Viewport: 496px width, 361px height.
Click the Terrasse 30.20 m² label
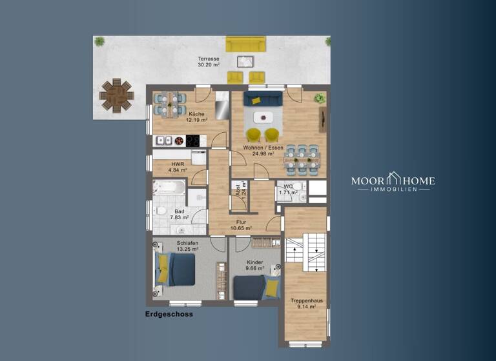click(208, 62)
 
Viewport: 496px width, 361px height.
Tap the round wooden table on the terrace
click(116, 95)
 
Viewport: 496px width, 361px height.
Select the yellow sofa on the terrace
click(245, 44)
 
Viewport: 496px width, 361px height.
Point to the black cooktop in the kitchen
click(193, 140)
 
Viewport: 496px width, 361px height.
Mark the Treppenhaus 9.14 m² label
click(303, 304)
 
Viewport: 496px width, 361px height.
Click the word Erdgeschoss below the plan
click(169, 315)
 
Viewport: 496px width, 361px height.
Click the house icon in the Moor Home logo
click(393, 179)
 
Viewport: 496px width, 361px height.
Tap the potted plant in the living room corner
click(319, 98)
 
